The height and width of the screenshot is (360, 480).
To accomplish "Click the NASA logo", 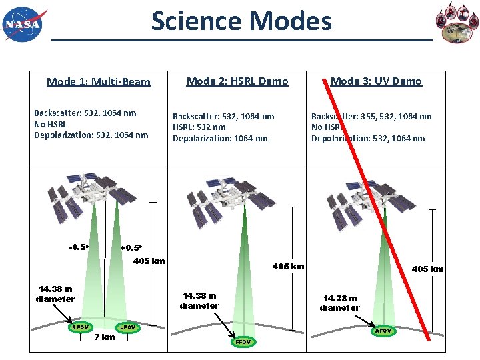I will (x=25, y=24).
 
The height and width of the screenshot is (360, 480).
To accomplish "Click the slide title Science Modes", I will (x=241, y=21).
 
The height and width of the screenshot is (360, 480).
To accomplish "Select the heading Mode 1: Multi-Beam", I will (x=99, y=82).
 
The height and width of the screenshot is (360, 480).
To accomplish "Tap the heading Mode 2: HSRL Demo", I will (x=237, y=81).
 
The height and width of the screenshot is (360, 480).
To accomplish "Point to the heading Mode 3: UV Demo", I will (x=376, y=81).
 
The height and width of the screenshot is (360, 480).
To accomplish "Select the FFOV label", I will (x=243, y=342).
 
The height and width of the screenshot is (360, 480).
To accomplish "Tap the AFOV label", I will (x=383, y=331).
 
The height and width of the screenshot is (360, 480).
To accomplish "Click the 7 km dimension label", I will (x=105, y=337).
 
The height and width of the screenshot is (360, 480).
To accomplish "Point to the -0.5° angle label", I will (x=79, y=247).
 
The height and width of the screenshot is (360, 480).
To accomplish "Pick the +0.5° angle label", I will (x=131, y=248).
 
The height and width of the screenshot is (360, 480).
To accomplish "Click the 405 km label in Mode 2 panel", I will (x=288, y=267).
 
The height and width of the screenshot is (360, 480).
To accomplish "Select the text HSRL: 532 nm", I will (x=199, y=127).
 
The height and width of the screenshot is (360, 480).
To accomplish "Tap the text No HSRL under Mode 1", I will (x=51, y=124).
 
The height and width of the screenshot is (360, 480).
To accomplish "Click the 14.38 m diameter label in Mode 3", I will (x=339, y=303).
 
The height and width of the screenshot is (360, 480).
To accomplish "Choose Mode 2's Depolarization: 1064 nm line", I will (x=220, y=139).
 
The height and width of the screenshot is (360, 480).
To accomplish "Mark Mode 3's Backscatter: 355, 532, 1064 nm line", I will (x=371, y=116).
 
